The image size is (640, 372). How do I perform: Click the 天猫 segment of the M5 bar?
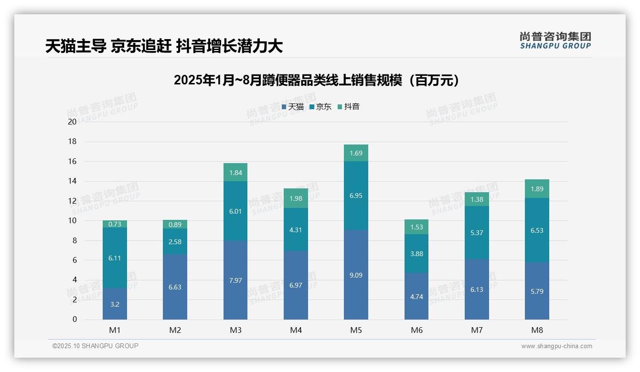point(356,275)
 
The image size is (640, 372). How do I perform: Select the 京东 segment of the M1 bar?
point(115,258)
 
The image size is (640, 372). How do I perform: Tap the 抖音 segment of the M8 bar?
point(537,189)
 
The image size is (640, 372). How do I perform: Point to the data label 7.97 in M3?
point(235,280)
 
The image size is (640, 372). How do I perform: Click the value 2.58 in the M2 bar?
point(175,242)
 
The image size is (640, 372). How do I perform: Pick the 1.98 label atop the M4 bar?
point(296,198)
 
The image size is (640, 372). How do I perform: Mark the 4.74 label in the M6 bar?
point(416,296)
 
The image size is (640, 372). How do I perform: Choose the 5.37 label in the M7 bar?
point(477,233)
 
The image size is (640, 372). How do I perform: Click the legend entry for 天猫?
point(293,107)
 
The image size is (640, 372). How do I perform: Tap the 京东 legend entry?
point(320,107)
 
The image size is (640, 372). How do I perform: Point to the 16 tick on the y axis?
point(72,161)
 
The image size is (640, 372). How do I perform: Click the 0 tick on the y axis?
point(75,320)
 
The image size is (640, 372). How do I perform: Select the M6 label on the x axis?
point(416,330)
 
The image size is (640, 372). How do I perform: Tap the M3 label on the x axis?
point(235,330)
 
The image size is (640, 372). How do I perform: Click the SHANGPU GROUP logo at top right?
point(555,41)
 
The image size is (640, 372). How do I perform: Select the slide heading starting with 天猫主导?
point(164,46)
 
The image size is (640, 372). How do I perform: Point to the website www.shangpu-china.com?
point(556,346)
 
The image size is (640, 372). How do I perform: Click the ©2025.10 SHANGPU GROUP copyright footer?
point(96,346)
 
